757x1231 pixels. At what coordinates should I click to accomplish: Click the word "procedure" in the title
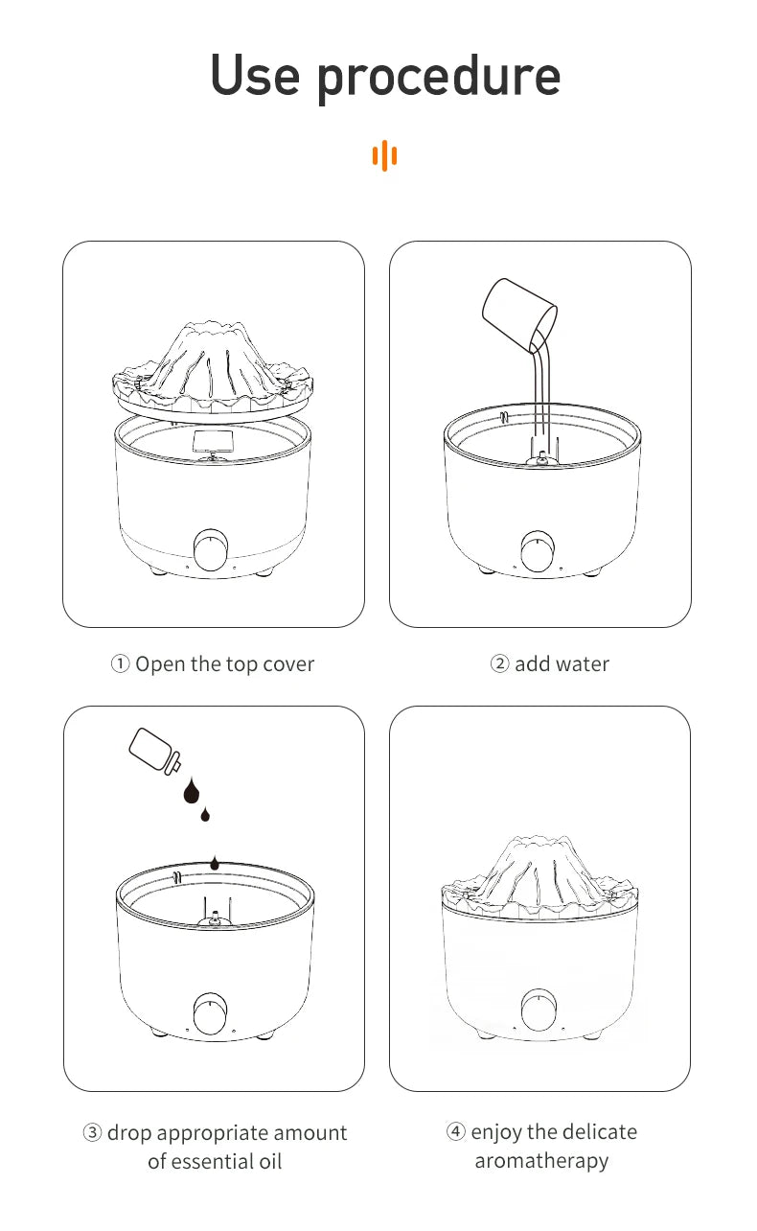point(439,77)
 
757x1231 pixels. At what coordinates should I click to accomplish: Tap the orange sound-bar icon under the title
point(384,155)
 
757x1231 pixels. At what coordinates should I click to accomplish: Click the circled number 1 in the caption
point(121,664)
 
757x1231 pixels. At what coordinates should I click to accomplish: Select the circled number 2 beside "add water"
point(500,664)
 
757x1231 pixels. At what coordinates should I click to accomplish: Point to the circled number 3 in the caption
point(93,1133)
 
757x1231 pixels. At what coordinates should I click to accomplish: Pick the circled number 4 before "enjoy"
point(456,1132)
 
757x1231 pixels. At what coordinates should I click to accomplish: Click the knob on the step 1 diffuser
point(211,550)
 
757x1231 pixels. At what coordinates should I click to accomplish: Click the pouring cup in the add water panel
point(517,313)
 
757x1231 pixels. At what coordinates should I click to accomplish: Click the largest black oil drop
point(192,792)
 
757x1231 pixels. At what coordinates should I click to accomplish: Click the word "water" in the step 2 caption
point(582,664)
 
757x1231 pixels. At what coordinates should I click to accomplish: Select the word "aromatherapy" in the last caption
point(541,1161)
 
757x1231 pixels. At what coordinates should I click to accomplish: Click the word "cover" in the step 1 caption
point(287,664)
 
